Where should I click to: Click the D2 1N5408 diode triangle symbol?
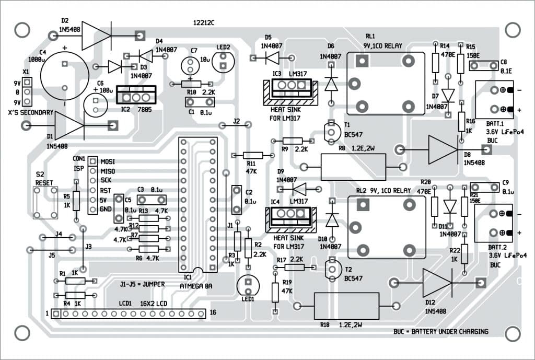(x=96, y=36)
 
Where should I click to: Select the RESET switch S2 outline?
(x=44, y=202)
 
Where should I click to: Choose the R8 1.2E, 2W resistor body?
(x=353, y=167)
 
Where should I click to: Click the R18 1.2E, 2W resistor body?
(x=346, y=306)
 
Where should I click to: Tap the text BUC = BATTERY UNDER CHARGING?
(x=441, y=331)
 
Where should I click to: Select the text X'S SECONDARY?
(x=31, y=113)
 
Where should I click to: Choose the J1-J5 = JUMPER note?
(x=143, y=284)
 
